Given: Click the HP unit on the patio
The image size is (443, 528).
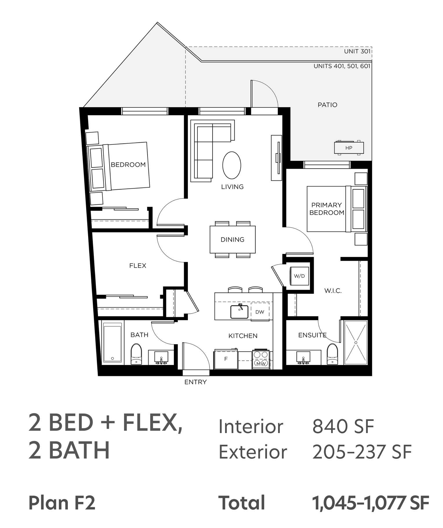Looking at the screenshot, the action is tap(349, 148).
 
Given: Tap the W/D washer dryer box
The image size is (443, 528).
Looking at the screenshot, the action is tap(299, 276).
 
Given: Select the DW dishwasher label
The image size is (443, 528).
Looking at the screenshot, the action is tap(260, 312).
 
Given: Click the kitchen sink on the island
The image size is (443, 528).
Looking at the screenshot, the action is tap(239, 311).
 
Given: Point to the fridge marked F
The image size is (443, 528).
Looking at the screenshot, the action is tap(226, 359).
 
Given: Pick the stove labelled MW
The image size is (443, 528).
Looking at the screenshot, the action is tap(261, 359).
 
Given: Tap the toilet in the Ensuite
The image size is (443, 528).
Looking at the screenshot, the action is tap(332, 354).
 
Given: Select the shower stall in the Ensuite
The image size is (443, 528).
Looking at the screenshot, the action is tap(356, 342).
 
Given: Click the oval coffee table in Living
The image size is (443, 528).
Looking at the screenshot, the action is tap(232, 165).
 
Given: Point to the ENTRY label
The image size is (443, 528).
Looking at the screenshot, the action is tap(196, 382).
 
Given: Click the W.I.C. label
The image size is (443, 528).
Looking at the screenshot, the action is tap(333, 291).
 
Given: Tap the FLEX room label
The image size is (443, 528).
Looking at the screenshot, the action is tap(138, 265).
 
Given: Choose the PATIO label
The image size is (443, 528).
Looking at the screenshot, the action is tap(327, 105).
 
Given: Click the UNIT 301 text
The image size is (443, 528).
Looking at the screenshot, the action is tap(357, 51).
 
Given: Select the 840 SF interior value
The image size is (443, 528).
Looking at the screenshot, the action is tap(343, 426).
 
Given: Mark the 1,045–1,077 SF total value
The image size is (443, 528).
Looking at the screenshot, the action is tap(371, 503).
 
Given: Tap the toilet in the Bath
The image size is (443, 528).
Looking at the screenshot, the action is tap(136, 354).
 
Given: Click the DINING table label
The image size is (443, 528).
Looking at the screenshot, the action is tap(233, 239).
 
